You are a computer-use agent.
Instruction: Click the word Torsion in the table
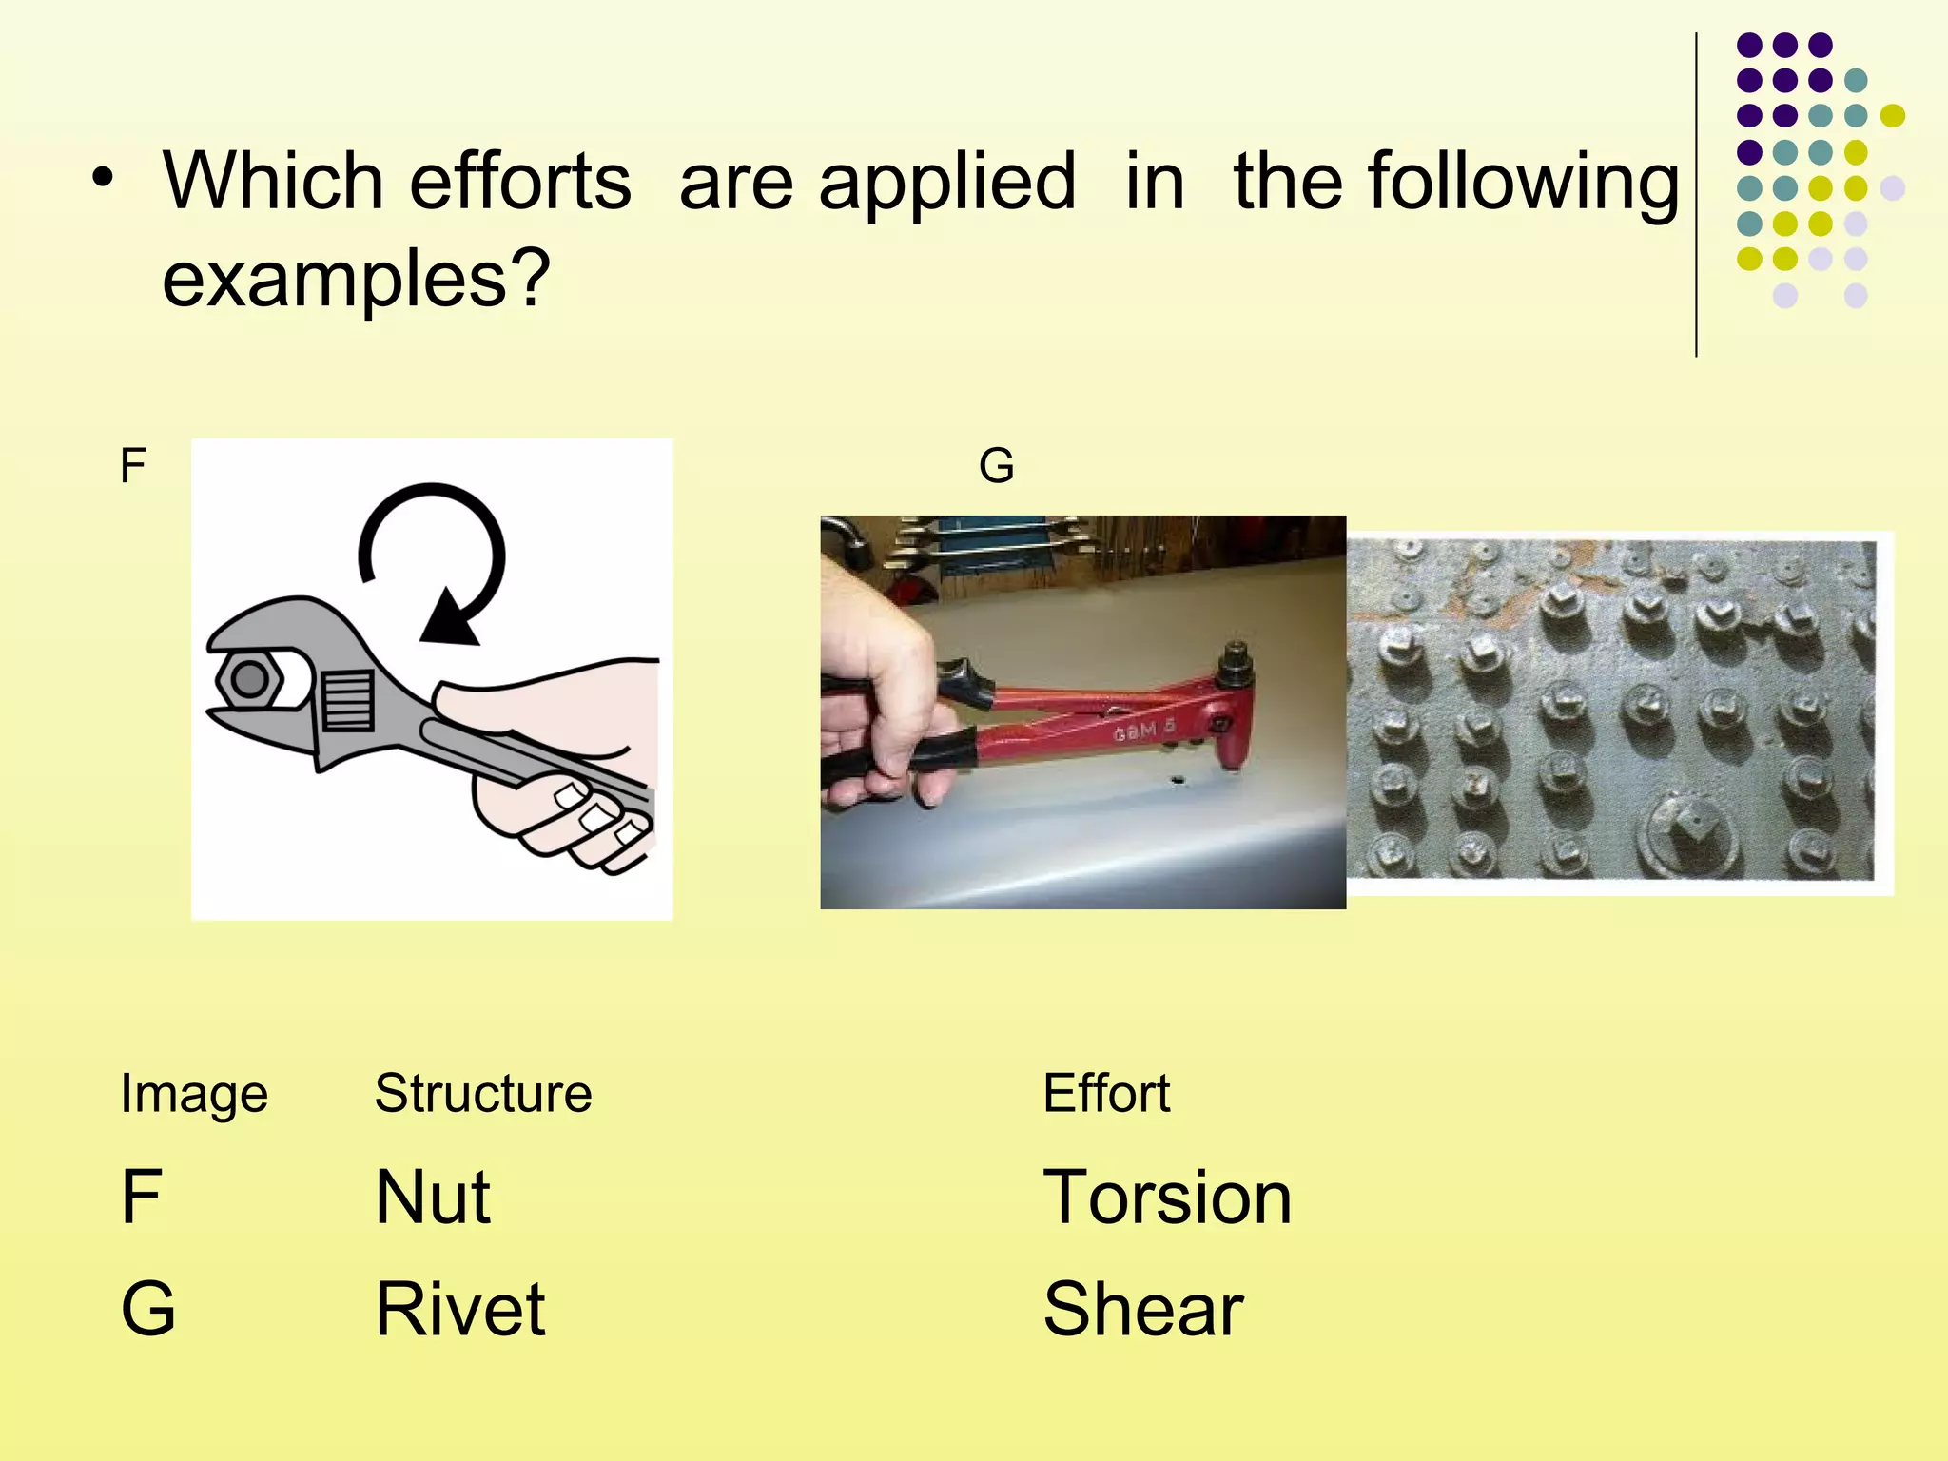1167,1197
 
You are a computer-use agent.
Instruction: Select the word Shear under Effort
1142,1309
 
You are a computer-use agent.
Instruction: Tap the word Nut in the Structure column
433,1197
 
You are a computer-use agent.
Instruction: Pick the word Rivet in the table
460,1309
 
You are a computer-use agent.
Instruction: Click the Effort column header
1106,1093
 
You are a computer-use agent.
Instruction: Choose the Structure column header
483,1093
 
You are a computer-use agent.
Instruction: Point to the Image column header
194,1093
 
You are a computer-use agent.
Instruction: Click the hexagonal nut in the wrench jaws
249,679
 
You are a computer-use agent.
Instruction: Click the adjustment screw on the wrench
348,699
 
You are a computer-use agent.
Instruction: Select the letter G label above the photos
996,466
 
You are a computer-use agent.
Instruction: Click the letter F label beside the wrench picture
133,466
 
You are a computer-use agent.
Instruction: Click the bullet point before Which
103,177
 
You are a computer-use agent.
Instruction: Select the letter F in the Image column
141,1197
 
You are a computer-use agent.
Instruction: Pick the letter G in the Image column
148,1309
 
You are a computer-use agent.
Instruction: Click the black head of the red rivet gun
1235,662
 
